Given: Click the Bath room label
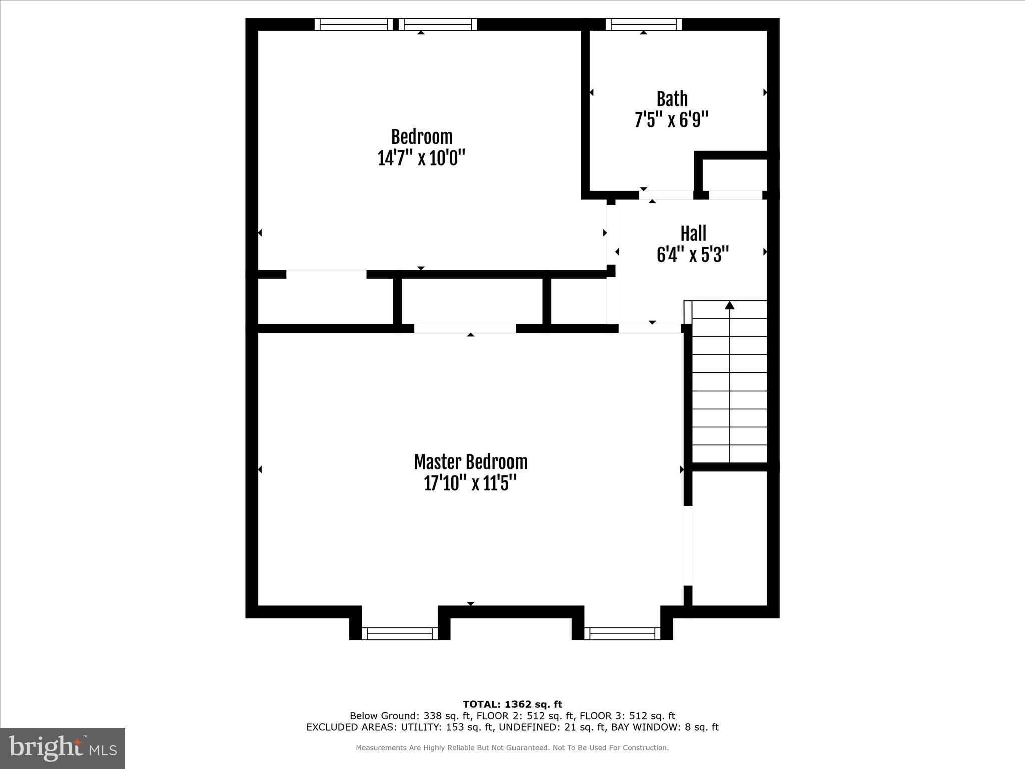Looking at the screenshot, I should [672, 99].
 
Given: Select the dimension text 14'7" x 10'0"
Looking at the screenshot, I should [421, 158].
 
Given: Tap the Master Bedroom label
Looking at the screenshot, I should [470, 462].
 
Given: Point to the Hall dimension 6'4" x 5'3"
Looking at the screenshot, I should [692, 255].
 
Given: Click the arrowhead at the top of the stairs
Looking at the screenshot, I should [730, 305].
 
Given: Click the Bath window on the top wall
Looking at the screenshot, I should [644, 24].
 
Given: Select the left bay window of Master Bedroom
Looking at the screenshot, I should [400, 633].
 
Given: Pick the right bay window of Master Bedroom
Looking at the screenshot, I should [622, 633].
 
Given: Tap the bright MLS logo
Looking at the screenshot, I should [63, 748].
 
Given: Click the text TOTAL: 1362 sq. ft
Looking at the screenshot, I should [512, 704].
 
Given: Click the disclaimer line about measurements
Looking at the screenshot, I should [512, 748].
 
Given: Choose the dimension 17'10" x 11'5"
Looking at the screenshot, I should [470, 484].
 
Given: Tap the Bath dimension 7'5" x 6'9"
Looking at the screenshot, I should [671, 120].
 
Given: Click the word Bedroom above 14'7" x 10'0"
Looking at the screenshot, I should [421, 137].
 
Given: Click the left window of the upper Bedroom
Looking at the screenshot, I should [354, 24].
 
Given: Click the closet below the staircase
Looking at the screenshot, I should [730, 538].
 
